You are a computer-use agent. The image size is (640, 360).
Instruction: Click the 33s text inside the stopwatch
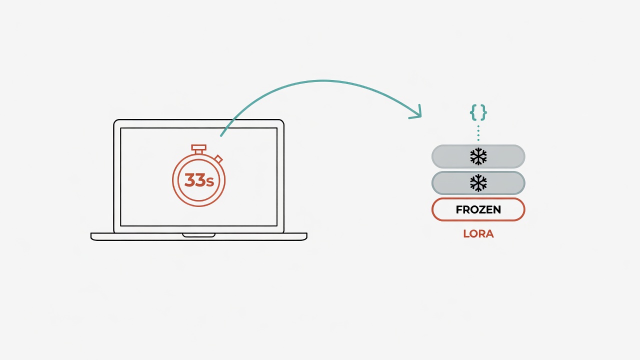click(199, 180)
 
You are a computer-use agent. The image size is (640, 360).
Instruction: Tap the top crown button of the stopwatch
click(199, 147)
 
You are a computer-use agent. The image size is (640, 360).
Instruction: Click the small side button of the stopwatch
click(219, 159)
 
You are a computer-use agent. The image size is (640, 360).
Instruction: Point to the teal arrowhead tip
click(421, 116)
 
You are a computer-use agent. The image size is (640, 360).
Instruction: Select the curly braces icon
click(478, 112)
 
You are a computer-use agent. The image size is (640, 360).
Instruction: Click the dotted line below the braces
click(478, 133)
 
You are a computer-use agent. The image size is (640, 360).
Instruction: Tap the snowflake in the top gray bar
click(478, 156)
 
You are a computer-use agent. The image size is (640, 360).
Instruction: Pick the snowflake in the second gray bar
click(478, 183)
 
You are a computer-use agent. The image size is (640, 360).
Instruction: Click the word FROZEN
click(478, 209)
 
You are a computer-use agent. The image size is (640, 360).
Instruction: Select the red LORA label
click(478, 233)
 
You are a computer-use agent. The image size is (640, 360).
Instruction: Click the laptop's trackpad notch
click(199, 235)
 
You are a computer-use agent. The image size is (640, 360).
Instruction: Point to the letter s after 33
click(210, 181)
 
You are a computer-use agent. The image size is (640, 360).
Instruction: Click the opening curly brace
click(473, 112)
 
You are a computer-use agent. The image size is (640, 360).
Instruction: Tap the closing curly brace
click(483, 112)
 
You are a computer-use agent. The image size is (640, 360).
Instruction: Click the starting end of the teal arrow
click(221, 135)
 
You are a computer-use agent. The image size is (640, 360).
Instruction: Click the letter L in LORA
click(466, 233)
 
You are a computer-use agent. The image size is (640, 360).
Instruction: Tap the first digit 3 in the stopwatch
click(190, 180)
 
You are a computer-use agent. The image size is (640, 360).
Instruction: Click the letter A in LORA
click(489, 233)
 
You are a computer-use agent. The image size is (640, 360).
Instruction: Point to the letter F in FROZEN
click(459, 209)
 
